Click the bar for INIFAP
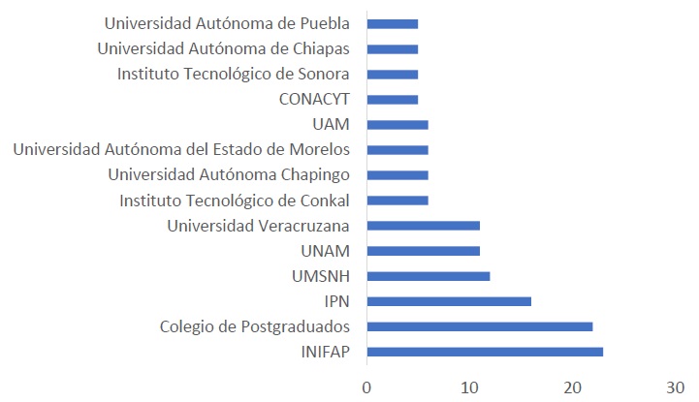click(485, 351)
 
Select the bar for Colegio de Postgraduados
click(480, 325)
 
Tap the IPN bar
click(449, 300)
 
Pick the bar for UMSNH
click(429, 276)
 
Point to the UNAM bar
click(424, 251)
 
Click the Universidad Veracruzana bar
click(424, 226)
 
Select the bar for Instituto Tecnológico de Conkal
click(397, 201)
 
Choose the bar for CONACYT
click(393, 99)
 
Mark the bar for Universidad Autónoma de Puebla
click(393, 23)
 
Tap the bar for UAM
click(397, 124)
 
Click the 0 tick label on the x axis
click(366, 387)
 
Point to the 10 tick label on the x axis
click(470, 387)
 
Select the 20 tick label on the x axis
click(573, 387)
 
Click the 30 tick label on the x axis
click(677, 387)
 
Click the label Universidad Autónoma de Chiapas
click(225, 48)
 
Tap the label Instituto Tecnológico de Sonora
click(234, 74)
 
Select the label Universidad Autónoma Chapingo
click(229, 174)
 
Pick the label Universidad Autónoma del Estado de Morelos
click(181, 149)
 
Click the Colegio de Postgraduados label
click(255, 325)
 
